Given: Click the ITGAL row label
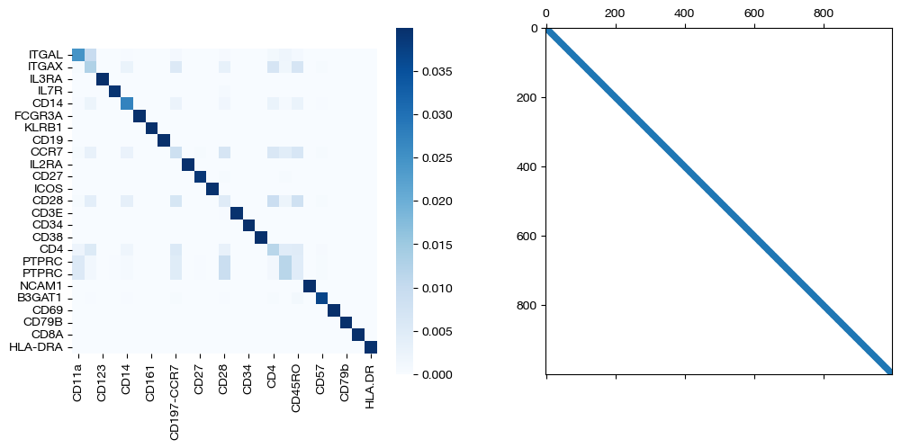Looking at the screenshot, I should [46, 55].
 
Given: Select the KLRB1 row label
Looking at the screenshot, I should [44, 128].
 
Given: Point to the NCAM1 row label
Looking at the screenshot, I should [43, 286].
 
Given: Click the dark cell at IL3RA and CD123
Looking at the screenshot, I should [102, 79].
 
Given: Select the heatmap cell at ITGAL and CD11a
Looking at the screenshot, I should [77, 55].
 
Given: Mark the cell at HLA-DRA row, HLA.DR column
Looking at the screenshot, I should [370, 347].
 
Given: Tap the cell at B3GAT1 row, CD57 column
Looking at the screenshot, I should [321, 299].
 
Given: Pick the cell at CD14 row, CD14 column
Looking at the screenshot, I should [126, 103].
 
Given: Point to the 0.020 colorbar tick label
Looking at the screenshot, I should [437, 201].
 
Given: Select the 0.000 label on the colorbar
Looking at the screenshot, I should [437, 373].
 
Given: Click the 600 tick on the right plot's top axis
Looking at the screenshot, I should [754, 14].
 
